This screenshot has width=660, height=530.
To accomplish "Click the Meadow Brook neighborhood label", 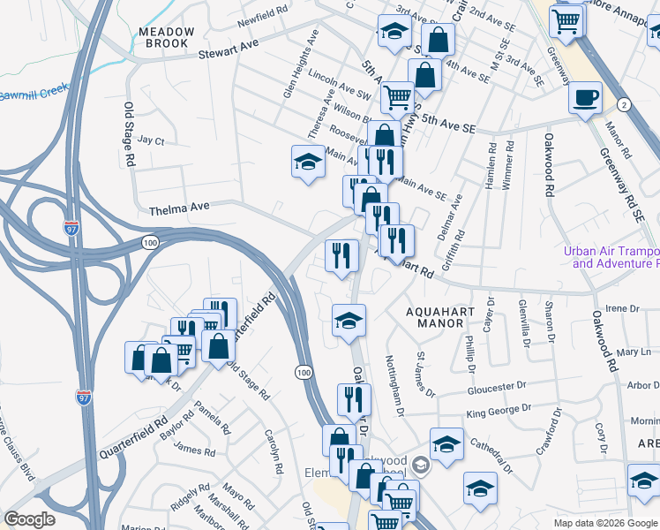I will [166, 37].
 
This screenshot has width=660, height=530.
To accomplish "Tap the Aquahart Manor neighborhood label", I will [434, 317].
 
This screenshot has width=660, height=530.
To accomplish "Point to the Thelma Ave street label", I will [179, 208].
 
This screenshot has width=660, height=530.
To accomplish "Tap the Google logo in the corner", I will [29, 519].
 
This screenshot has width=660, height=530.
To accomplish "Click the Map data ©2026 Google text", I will [606, 523].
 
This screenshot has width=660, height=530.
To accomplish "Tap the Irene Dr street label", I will [621, 307].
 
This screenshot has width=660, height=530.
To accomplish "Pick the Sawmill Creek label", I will [34, 94].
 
